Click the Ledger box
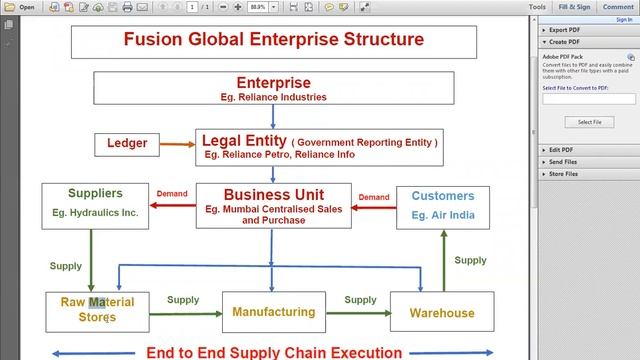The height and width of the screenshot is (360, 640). [x=127, y=144]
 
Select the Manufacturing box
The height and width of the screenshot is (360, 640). [x=274, y=312]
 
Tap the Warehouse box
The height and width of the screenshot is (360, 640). [x=442, y=312]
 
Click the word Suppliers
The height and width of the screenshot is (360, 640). [x=95, y=193]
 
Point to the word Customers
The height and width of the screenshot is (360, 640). [x=443, y=196]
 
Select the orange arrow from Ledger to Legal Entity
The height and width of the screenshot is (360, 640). [x=178, y=144]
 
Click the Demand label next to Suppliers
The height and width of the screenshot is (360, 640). [x=173, y=194]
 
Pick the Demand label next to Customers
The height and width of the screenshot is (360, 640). [x=373, y=197]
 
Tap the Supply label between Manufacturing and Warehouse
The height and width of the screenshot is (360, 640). [x=360, y=299]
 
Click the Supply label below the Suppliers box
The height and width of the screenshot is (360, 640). [x=66, y=266]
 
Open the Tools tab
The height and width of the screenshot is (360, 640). [x=537, y=6]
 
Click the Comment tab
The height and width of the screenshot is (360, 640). [x=617, y=6]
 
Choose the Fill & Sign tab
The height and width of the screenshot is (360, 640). [x=576, y=6]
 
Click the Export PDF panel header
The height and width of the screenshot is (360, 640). [x=566, y=31]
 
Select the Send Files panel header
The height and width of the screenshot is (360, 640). [x=563, y=161]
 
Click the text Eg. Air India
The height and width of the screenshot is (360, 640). [x=443, y=214]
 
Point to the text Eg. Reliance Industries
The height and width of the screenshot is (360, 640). [x=273, y=97]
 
